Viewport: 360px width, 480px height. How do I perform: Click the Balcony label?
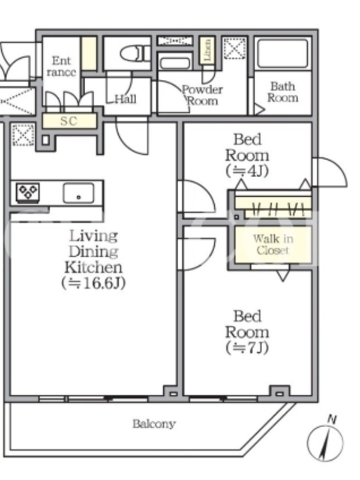click(x=154, y=424)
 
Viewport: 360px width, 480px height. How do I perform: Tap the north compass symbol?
click(x=326, y=443)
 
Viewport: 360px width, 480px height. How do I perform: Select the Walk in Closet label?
click(x=273, y=244)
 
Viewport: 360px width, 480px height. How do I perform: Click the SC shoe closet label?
click(x=69, y=121)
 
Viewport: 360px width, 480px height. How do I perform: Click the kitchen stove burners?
click(x=28, y=193)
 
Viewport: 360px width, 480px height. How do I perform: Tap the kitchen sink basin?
click(x=78, y=193)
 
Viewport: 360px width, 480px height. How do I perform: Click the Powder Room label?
click(x=202, y=95)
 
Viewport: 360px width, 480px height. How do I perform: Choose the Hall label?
click(x=125, y=98)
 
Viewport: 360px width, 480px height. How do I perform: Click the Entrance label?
click(x=61, y=67)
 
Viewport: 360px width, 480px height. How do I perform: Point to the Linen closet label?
click(x=207, y=51)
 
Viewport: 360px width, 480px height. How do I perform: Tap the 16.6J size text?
click(x=93, y=283)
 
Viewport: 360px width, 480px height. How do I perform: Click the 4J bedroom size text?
click(x=247, y=170)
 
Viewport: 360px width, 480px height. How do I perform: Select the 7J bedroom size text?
click(x=247, y=347)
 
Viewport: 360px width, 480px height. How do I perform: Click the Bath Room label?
click(x=282, y=92)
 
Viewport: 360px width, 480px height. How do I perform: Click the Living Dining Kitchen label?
click(x=93, y=251)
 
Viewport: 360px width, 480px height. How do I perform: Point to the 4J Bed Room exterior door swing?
click(x=329, y=173)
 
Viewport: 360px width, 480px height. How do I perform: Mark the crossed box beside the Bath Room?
click(x=233, y=48)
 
